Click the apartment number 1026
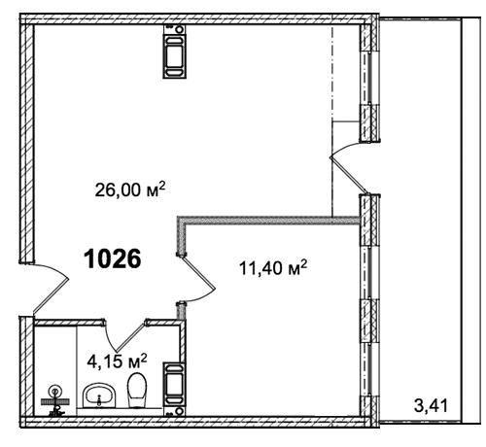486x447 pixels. click(113, 258)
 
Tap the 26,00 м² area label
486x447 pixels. click(130, 189)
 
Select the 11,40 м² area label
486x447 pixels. click(273, 267)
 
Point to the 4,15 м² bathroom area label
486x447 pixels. click(118, 361)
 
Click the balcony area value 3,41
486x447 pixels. click(432, 405)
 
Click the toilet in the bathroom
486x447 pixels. click(137, 390)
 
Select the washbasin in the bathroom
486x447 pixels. click(99, 395)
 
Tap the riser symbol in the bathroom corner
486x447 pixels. click(55, 401)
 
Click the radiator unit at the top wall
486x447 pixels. click(175, 52)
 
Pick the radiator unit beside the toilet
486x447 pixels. click(175, 389)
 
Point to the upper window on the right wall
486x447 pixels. click(369, 78)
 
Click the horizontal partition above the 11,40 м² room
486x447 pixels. click(269, 221)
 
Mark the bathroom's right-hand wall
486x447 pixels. click(183, 341)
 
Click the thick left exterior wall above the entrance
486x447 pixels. click(26, 143)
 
